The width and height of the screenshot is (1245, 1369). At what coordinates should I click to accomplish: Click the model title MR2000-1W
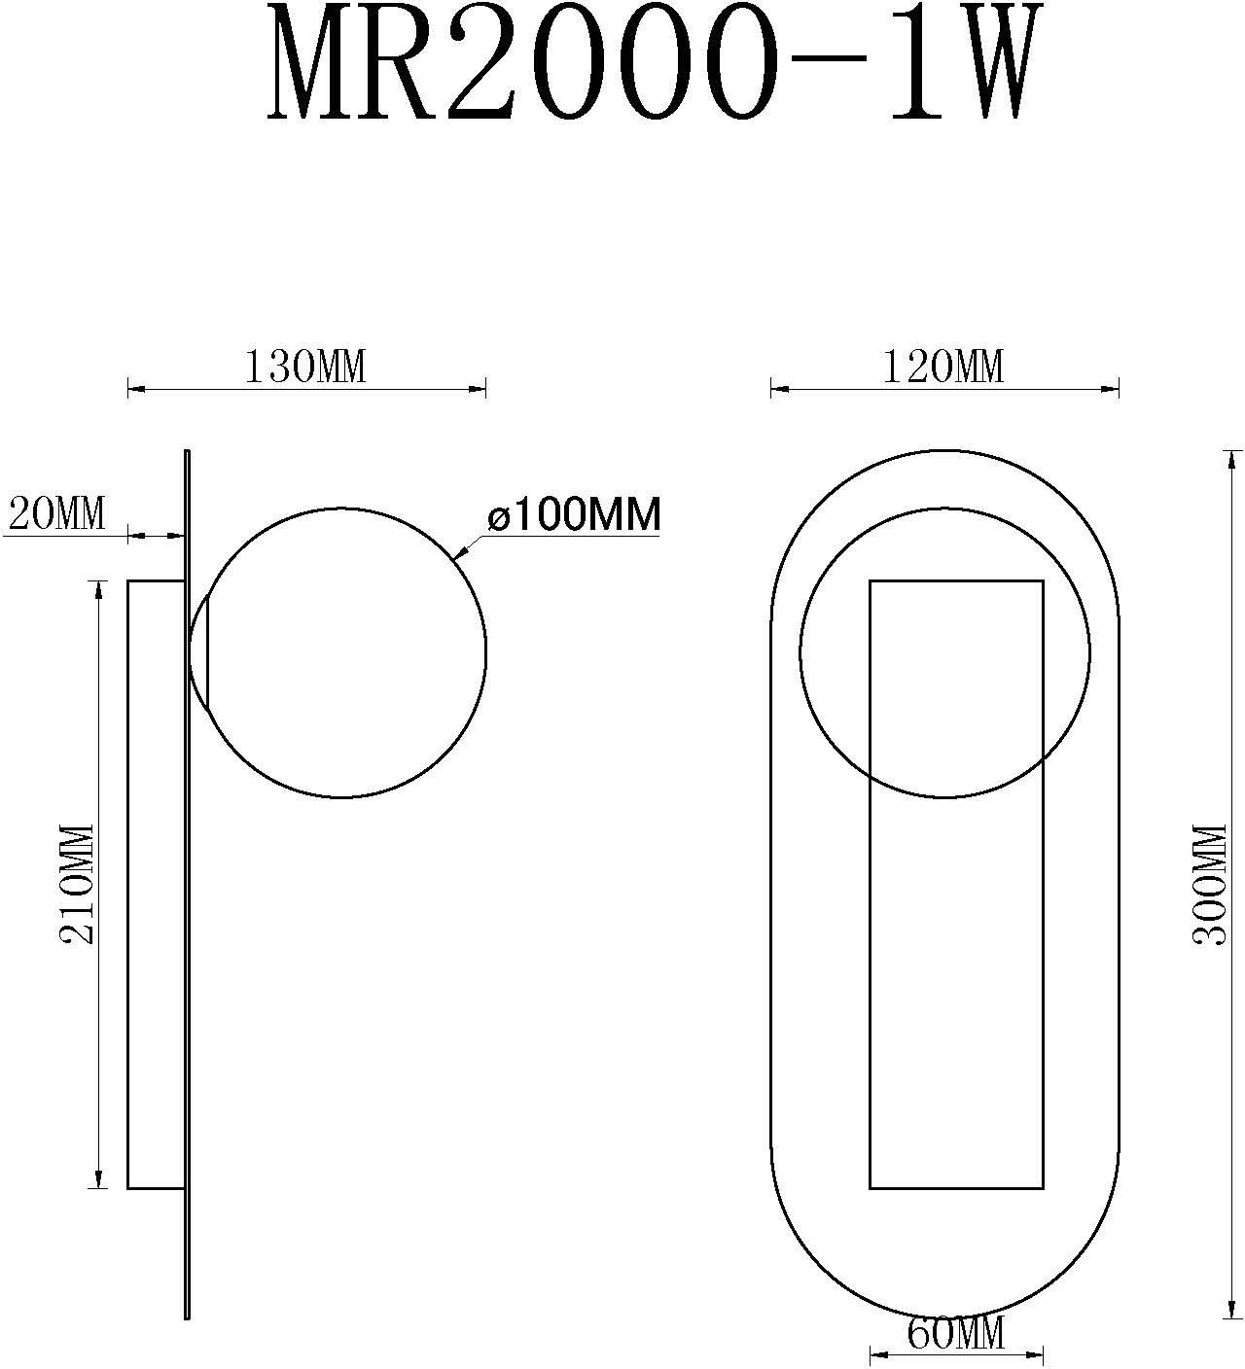pyautogui.click(x=646, y=64)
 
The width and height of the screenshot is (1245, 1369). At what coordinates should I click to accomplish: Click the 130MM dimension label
pyautogui.click(x=304, y=368)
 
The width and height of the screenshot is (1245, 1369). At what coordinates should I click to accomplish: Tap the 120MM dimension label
pyautogui.click(x=943, y=368)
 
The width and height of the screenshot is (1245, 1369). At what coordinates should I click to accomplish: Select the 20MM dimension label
pyautogui.click(x=56, y=512)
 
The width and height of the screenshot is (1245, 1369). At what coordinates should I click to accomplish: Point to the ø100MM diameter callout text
pyautogui.click(x=574, y=514)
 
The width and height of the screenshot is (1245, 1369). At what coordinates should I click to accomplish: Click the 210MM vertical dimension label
pyautogui.click(x=77, y=884)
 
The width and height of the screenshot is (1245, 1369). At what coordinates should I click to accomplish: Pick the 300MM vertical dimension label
pyautogui.click(x=1209, y=884)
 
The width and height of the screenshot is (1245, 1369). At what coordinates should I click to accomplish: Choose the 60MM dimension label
pyautogui.click(x=955, y=1333)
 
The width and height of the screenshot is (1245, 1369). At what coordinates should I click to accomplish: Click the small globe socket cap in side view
pyautogui.click(x=199, y=650)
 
